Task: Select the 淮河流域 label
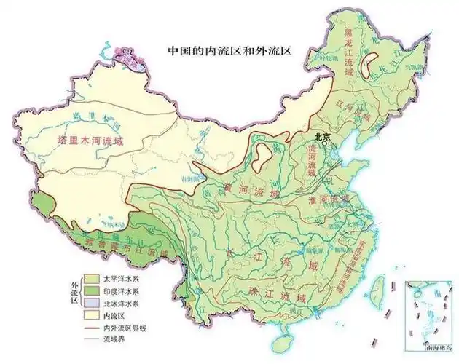click(x=331, y=198)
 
